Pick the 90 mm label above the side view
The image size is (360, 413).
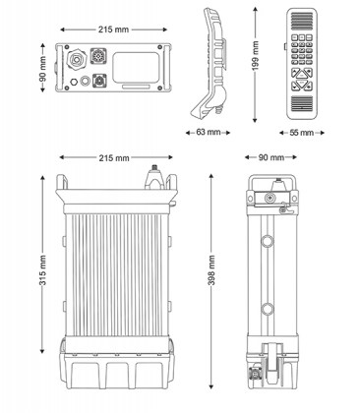point(270,157)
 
